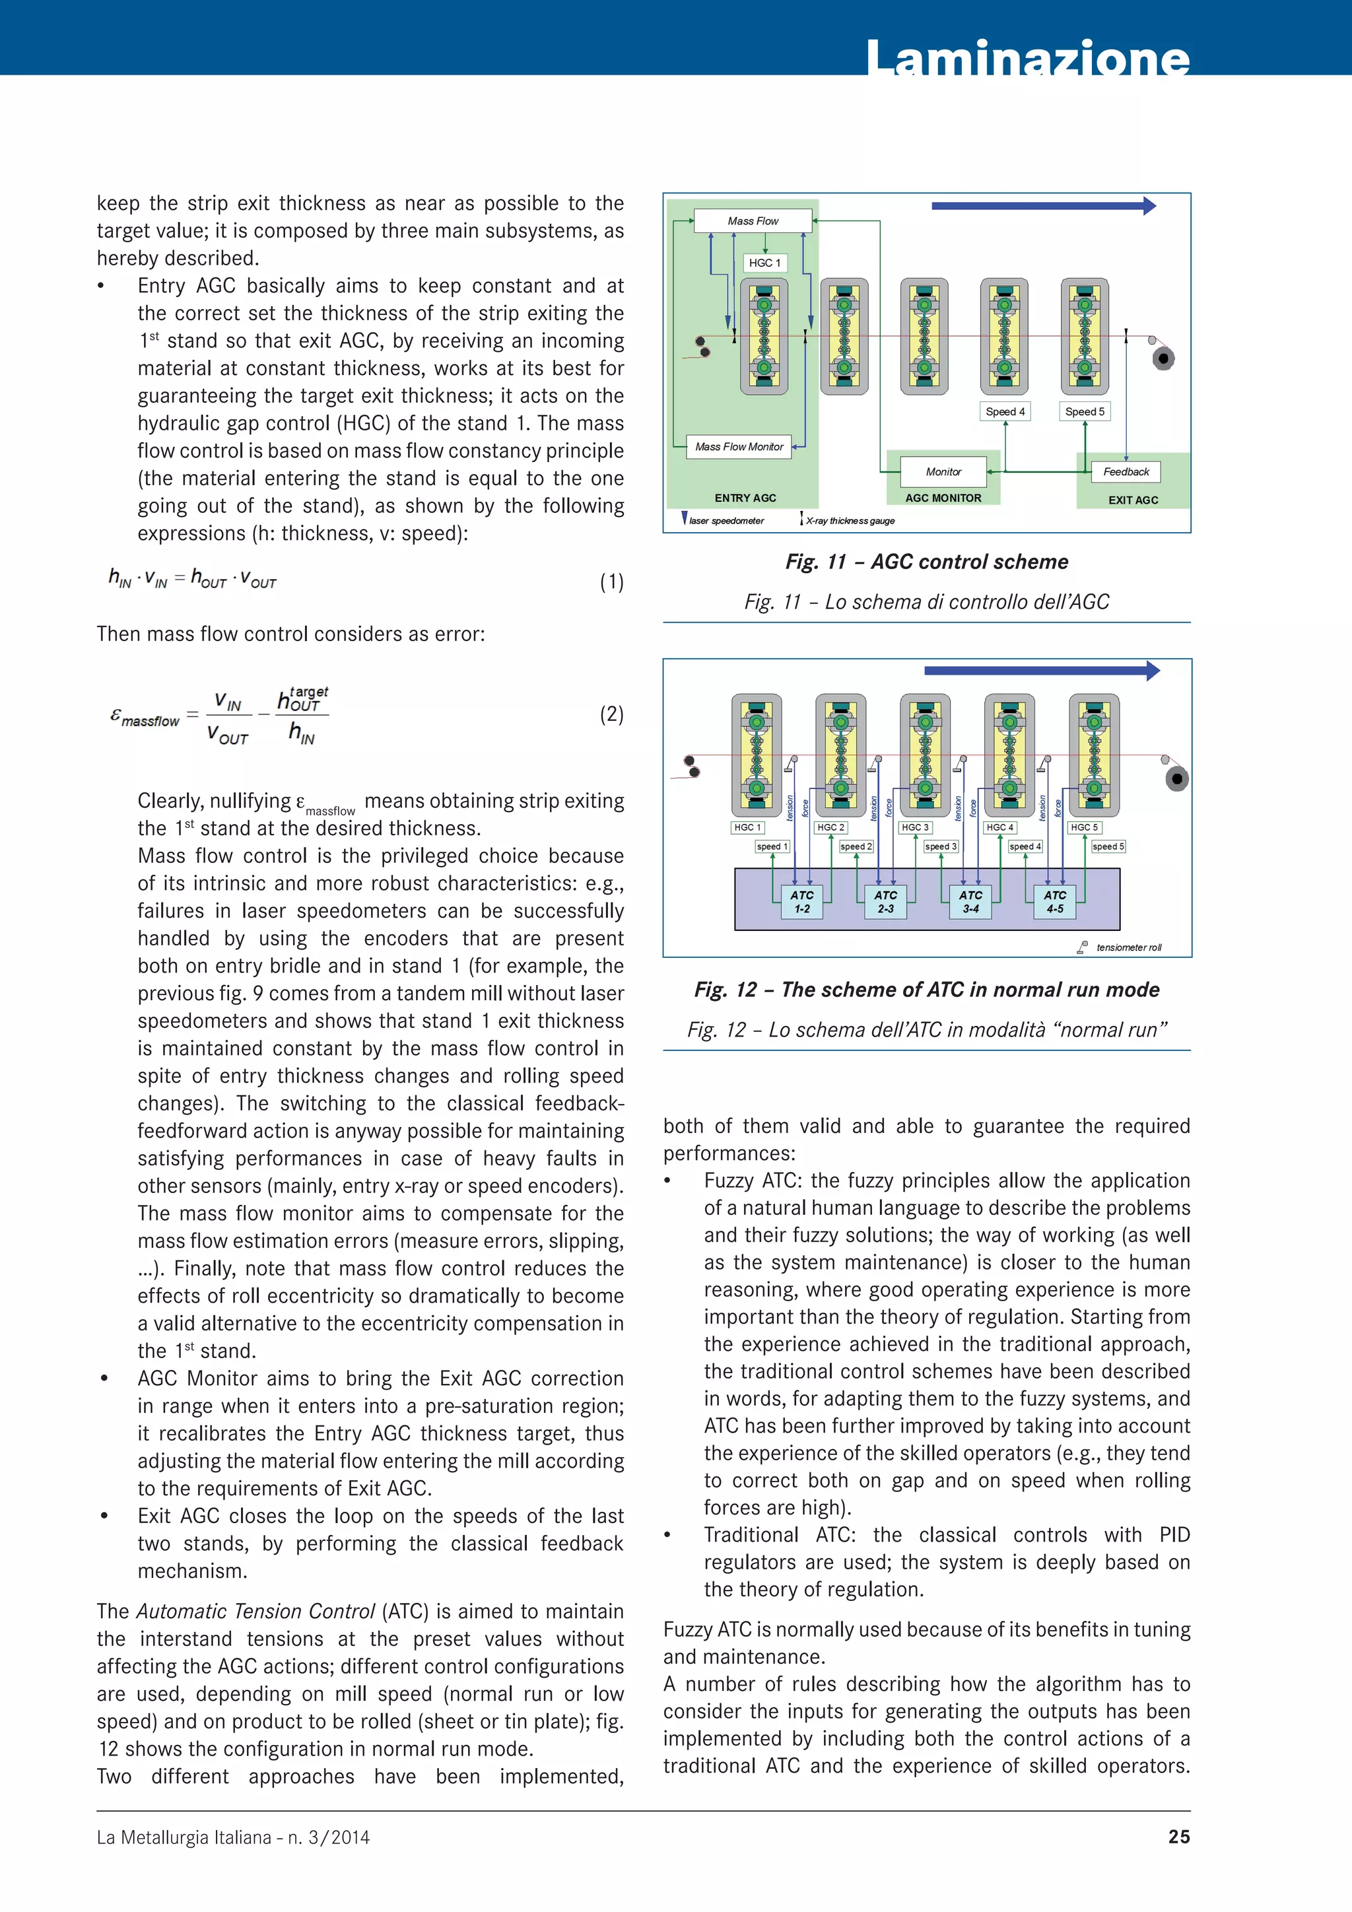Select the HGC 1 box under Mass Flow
click(x=764, y=262)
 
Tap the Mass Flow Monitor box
click(x=739, y=446)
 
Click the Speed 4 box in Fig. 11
click(x=1005, y=411)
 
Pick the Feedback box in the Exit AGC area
click(x=1126, y=471)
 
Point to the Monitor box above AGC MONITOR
click(x=943, y=471)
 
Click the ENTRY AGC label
click(x=745, y=498)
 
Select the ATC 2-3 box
click(x=885, y=902)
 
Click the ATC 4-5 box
click(x=1054, y=902)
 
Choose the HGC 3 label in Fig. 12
click(x=915, y=828)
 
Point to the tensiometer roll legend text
click(x=1128, y=947)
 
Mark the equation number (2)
click(x=611, y=714)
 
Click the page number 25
click(x=1179, y=1836)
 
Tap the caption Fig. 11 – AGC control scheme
click(x=927, y=562)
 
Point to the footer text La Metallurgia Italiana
click(x=233, y=1837)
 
